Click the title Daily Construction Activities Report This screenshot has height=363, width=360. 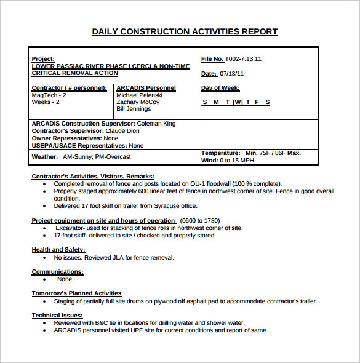(184, 31)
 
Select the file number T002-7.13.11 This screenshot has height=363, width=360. (243, 59)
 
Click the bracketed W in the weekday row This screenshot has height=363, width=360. (238, 102)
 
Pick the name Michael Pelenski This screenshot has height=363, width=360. (139, 95)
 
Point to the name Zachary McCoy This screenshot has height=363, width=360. (138, 102)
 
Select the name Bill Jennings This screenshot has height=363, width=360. (134, 109)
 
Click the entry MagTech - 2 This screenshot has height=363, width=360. (49, 95)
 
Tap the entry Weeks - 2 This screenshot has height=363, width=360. (46, 102)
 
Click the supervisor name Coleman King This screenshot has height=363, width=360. (156, 124)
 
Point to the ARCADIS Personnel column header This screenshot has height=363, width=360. (146, 88)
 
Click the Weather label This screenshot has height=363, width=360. (45, 157)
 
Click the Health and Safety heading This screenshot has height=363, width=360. (58, 250)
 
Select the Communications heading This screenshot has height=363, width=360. (57, 271)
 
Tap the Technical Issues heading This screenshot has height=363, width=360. (58, 315)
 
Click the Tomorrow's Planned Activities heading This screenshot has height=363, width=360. (76, 293)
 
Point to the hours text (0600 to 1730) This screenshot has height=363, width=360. (199, 220)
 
